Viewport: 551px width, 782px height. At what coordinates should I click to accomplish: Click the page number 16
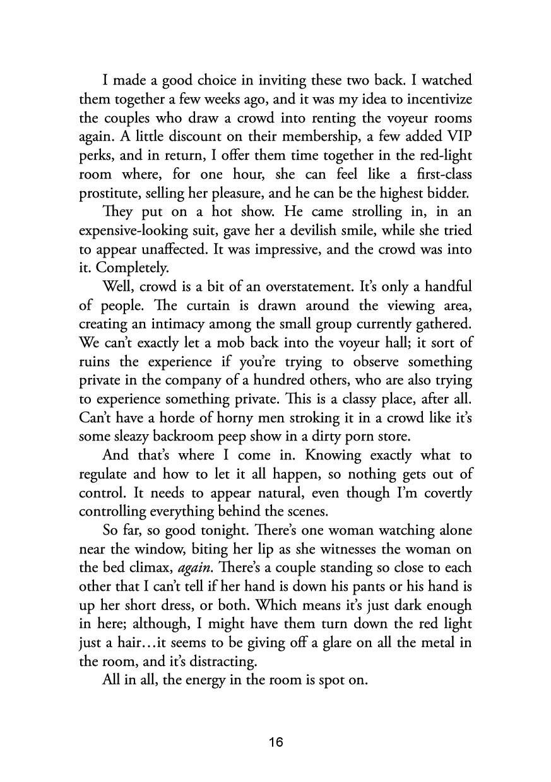pos(275,743)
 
